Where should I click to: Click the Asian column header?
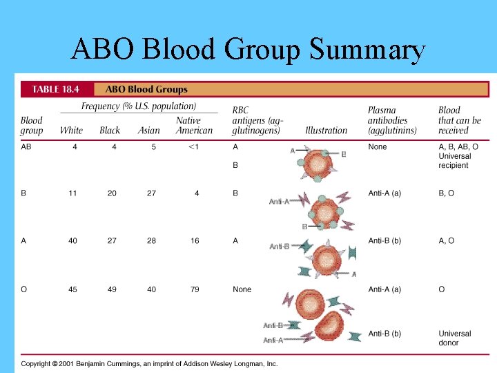148,130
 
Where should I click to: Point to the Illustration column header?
326,130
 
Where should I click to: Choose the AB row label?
26,146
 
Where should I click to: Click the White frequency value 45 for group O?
72,289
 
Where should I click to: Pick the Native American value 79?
195,289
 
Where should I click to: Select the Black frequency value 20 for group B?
112,193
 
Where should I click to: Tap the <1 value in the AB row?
195,146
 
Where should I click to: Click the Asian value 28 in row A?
151,241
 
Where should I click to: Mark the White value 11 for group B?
72,193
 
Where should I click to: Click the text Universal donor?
454,338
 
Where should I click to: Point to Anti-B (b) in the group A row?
384,241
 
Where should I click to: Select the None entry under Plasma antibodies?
378,146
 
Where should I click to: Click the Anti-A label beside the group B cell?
280,202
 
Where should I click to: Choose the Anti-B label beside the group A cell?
280,246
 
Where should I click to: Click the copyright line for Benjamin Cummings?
149,363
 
